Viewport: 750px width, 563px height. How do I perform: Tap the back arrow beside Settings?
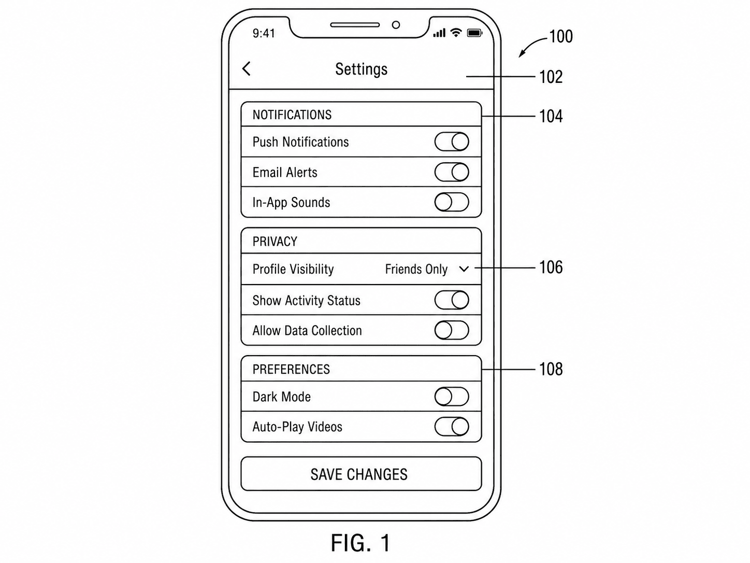[x=247, y=69]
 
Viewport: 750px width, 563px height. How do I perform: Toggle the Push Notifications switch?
[x=451, y=142]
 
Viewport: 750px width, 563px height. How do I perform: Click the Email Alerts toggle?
[x=451, y=172]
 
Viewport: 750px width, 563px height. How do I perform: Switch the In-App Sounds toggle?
[x=451, y=202]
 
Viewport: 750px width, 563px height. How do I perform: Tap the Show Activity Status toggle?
[x=451, y=300]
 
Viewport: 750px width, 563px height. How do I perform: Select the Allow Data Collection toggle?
[x=451, y=330]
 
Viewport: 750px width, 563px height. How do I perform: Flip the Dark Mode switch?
[x=451, y=397]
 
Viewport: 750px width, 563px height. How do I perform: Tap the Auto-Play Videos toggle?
[x=451, y=427]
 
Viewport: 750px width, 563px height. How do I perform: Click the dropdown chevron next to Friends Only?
[x=464, y=270]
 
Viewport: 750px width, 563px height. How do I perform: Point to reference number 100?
[x=561, y=36]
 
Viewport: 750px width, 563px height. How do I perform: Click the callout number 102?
[x=551, y=77]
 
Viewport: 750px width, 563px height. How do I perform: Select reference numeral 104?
[x=551, y=116]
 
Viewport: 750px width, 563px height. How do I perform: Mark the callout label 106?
[x=551, y=268]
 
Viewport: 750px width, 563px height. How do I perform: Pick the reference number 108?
[x=551, y=369]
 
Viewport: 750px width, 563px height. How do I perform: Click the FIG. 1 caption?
[x=360, y=543]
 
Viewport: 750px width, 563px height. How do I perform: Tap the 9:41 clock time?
[x=264, y=33]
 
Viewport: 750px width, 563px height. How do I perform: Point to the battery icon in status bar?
[x=474, y=33]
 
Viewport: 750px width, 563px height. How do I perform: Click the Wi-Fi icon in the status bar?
[x=456, y=33]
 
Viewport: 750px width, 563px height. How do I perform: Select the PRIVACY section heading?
[x=275, y=242]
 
